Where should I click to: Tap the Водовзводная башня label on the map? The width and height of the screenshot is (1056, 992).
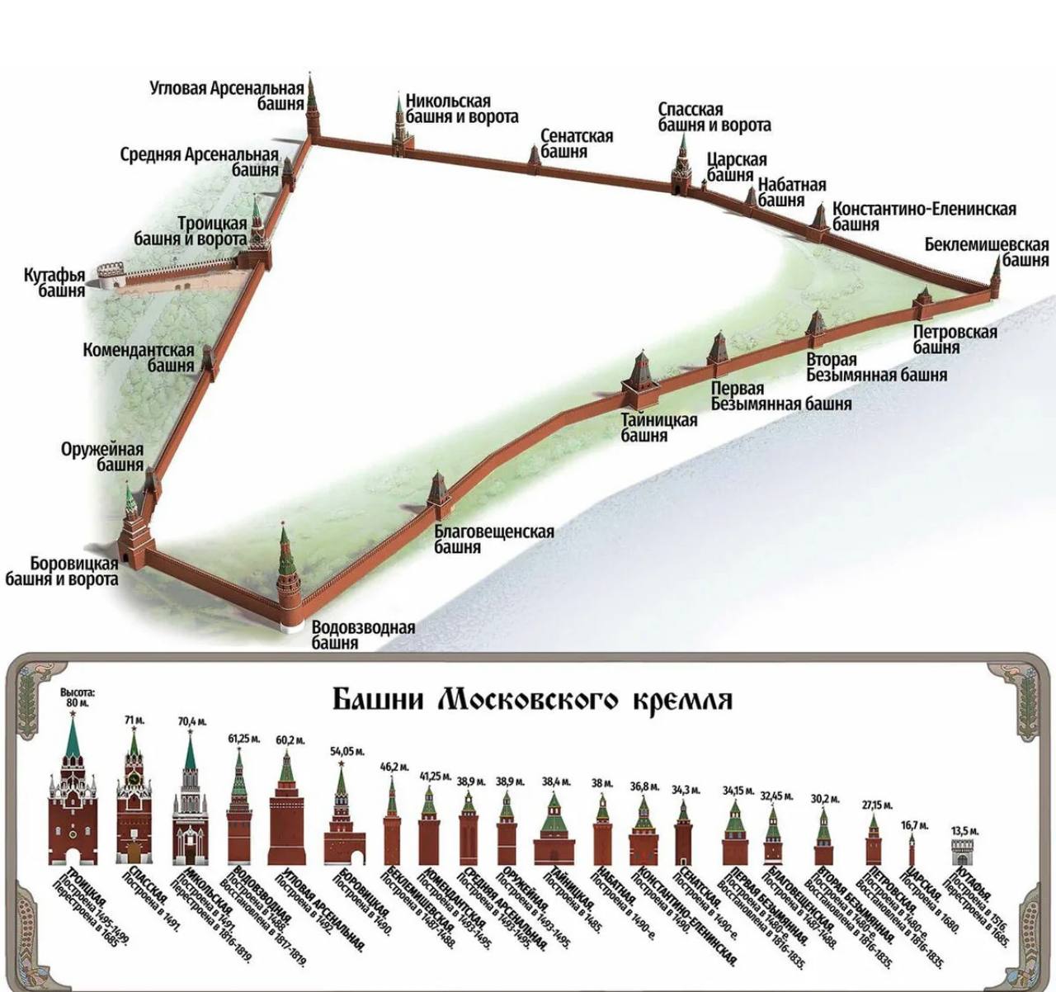pos(363,635)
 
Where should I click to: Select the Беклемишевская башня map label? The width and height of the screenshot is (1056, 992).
pos(986,253)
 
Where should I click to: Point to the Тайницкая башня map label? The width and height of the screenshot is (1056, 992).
pos(658,428)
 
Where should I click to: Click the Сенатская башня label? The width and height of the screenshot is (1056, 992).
pos(577,144)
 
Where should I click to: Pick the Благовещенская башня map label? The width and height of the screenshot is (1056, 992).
pos(493,539)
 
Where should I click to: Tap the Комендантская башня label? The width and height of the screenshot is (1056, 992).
pos(139,357)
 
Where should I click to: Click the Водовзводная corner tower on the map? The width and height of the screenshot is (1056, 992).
pos(287,578)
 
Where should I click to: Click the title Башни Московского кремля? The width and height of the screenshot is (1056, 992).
pos(532,700)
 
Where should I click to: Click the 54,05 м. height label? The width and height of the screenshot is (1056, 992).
pos(341,751)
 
